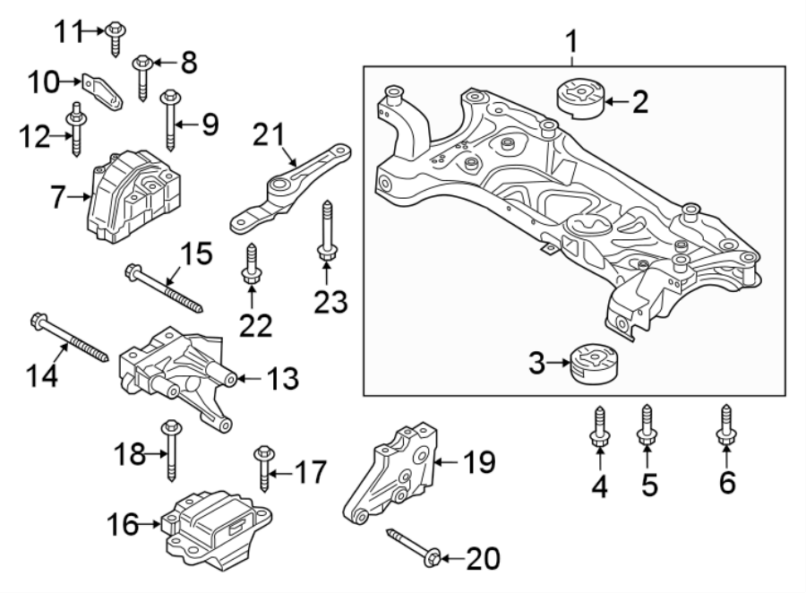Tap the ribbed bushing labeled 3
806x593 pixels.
click(593, 363)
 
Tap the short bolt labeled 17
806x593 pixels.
click(263, 468)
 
